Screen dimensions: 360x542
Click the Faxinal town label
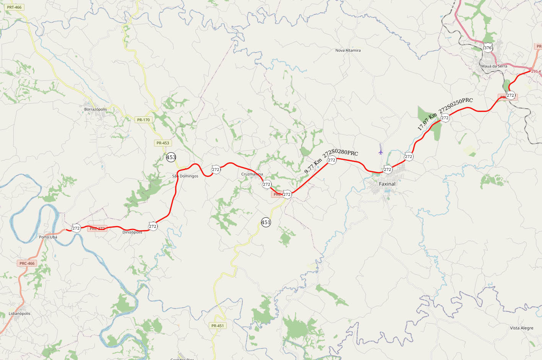pyautogui.click(x=387, y=184)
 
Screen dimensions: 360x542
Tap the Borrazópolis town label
pyautogui.click(x=96, y=109)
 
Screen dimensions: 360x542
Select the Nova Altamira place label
pyautogui.click(x=348, y=50)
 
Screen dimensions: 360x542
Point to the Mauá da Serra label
pyautogui.click(x=494, y=66)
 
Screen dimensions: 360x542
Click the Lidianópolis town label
pyautogui.click(x=19, y=314)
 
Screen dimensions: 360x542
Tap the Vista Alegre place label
pyautogui.click(x=521, y=328)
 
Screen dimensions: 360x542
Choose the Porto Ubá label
pyautogui.click(x=48, y=237)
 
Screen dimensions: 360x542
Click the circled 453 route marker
pyautogui.click(x=171, y=157)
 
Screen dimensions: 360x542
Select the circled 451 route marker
pyautogui.click(x=266, y=222)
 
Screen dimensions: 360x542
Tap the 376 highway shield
pyautogui.click(x=487, y=48)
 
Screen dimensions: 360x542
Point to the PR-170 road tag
pyautogui.click(x=143, y=120)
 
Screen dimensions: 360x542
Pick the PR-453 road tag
pyautogui.click(x=162, y=143)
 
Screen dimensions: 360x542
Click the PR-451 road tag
pyautogui.click(x=217, y=326)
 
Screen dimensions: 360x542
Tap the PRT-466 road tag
pyautogui.click(x=14, y=7)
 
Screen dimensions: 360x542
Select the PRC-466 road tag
pyautogui.click(x=27, y=263)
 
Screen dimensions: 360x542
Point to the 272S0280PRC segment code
pyautogui.click(x=341, y=153)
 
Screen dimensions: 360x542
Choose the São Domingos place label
pyautogui.click(x=185, y=176)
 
